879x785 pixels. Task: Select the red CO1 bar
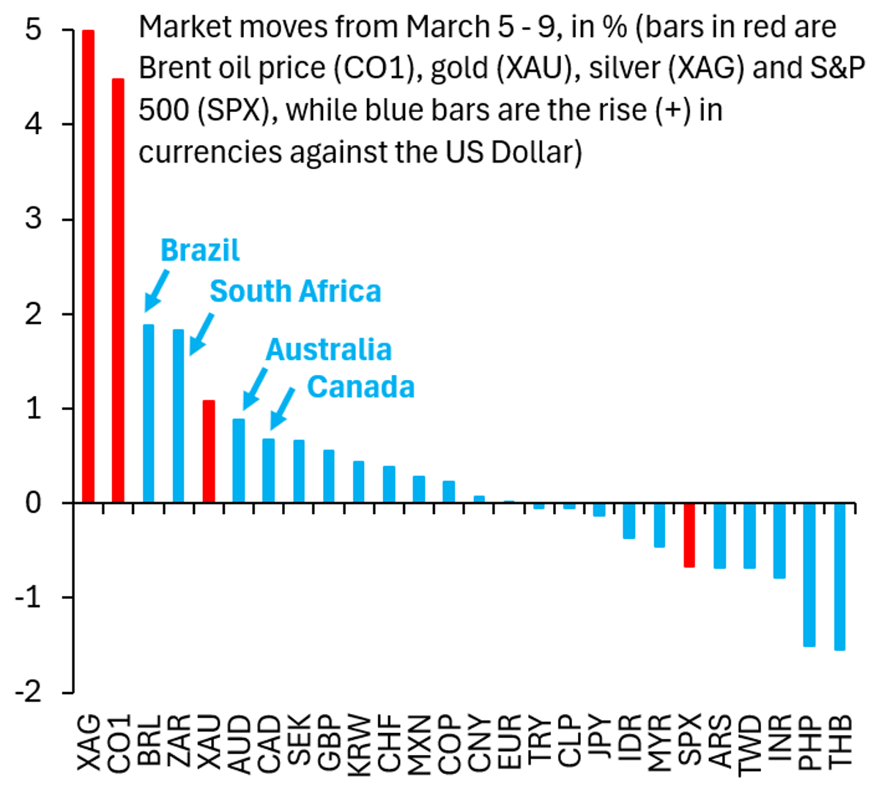[x=118, y=290]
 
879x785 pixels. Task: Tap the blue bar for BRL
[x=148, y=413]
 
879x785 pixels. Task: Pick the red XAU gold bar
[x=208, y=451]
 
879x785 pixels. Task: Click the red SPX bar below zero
[x=689, y=535]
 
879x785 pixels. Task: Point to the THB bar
[x=839, y=576]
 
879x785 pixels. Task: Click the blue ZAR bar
[x=178, y=415]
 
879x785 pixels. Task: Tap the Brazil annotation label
[x=199, y=250]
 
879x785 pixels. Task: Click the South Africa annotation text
[x=295, y=291]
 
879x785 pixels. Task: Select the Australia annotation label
[x=328, y=349]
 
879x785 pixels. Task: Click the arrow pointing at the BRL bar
[x=157, y=291]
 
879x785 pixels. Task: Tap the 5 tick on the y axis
[x=32, y=30]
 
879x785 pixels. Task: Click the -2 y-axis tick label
[x=29, y=691]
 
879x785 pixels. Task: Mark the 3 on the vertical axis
[x=32, y=219]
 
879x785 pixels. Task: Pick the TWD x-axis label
[x=749, y=743]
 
